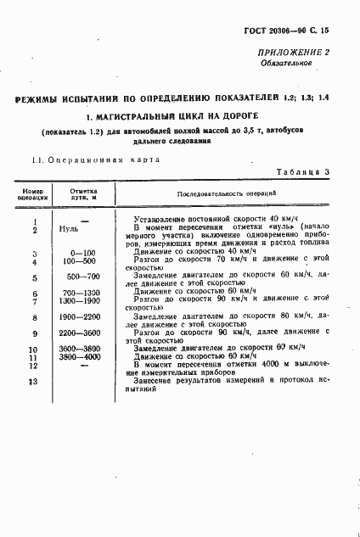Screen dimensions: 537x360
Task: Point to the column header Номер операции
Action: pyautogui.click(x=33, y=194)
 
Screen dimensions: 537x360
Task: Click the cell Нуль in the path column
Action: pyautogui.click(x=70, y=230)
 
